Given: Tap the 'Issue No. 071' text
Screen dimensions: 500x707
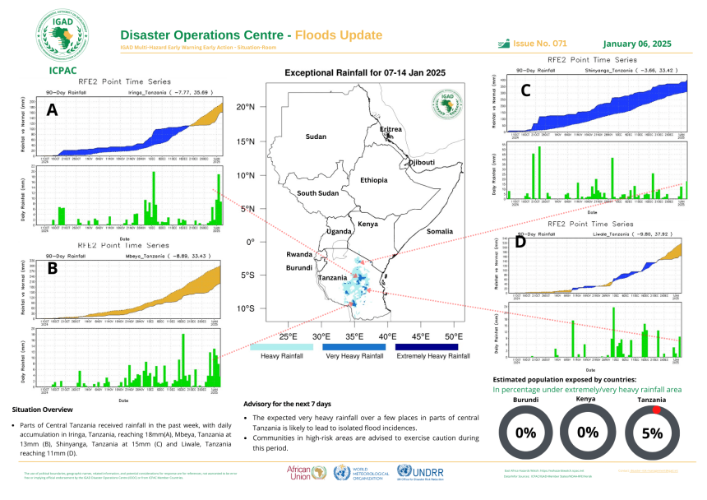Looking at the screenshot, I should click(540, 43).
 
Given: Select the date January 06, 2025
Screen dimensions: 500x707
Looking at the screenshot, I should click(637, 43).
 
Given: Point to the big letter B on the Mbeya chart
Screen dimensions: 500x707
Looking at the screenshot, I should click(52, 268).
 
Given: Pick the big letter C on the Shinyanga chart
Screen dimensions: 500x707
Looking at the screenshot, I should click(526, 90).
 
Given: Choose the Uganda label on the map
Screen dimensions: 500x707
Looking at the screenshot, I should click(340, 232).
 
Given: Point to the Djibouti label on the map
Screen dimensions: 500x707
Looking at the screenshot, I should click(422, 163).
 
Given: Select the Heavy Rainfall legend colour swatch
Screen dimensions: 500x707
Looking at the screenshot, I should click(281, 347).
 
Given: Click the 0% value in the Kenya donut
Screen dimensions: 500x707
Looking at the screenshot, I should click(588, 433).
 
